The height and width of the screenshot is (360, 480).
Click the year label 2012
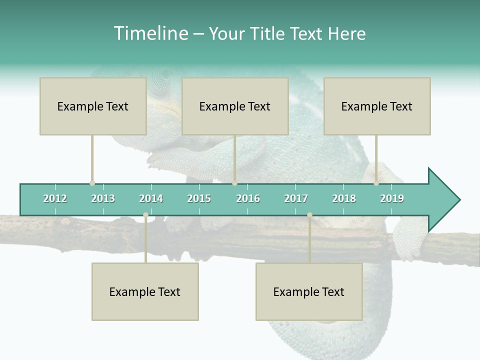pyautogui.click(x=55, y=198)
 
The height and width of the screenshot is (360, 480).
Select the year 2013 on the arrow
pyautogui.click(x=103, y=198)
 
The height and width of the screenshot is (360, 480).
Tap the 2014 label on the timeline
pyautogui.click(x=151, y=198)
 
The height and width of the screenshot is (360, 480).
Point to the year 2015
pyautogui.click(x=199, y=198)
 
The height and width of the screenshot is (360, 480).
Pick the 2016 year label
pyautogui.click(x=248, y=198)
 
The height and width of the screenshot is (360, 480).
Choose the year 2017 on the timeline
pyautogui.click(x=296, y=198)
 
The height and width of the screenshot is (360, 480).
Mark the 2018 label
pyautogui.click(x=344, y=198)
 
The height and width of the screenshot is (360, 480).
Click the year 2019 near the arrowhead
pyautogui.click(x=392, y=198)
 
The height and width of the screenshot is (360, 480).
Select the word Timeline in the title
pyautogui.click(x=150, y=33)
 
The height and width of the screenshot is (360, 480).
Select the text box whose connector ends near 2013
pyautogui.click(x=93, y=106)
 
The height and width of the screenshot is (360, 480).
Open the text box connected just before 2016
pyautogui.click(x=235, y=106)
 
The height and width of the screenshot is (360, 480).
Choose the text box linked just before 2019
pyautogui.click(x=377, y=106)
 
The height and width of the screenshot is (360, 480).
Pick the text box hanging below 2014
pyautogui.click(x=145, y=291)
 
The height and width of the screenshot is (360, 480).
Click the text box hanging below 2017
pyautogui.click(x=309, y=291)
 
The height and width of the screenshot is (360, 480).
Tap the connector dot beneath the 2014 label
pyautogui.click(x=145, y=215)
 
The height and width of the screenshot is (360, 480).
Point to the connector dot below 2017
pyautogui.click(x=309, y=215)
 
